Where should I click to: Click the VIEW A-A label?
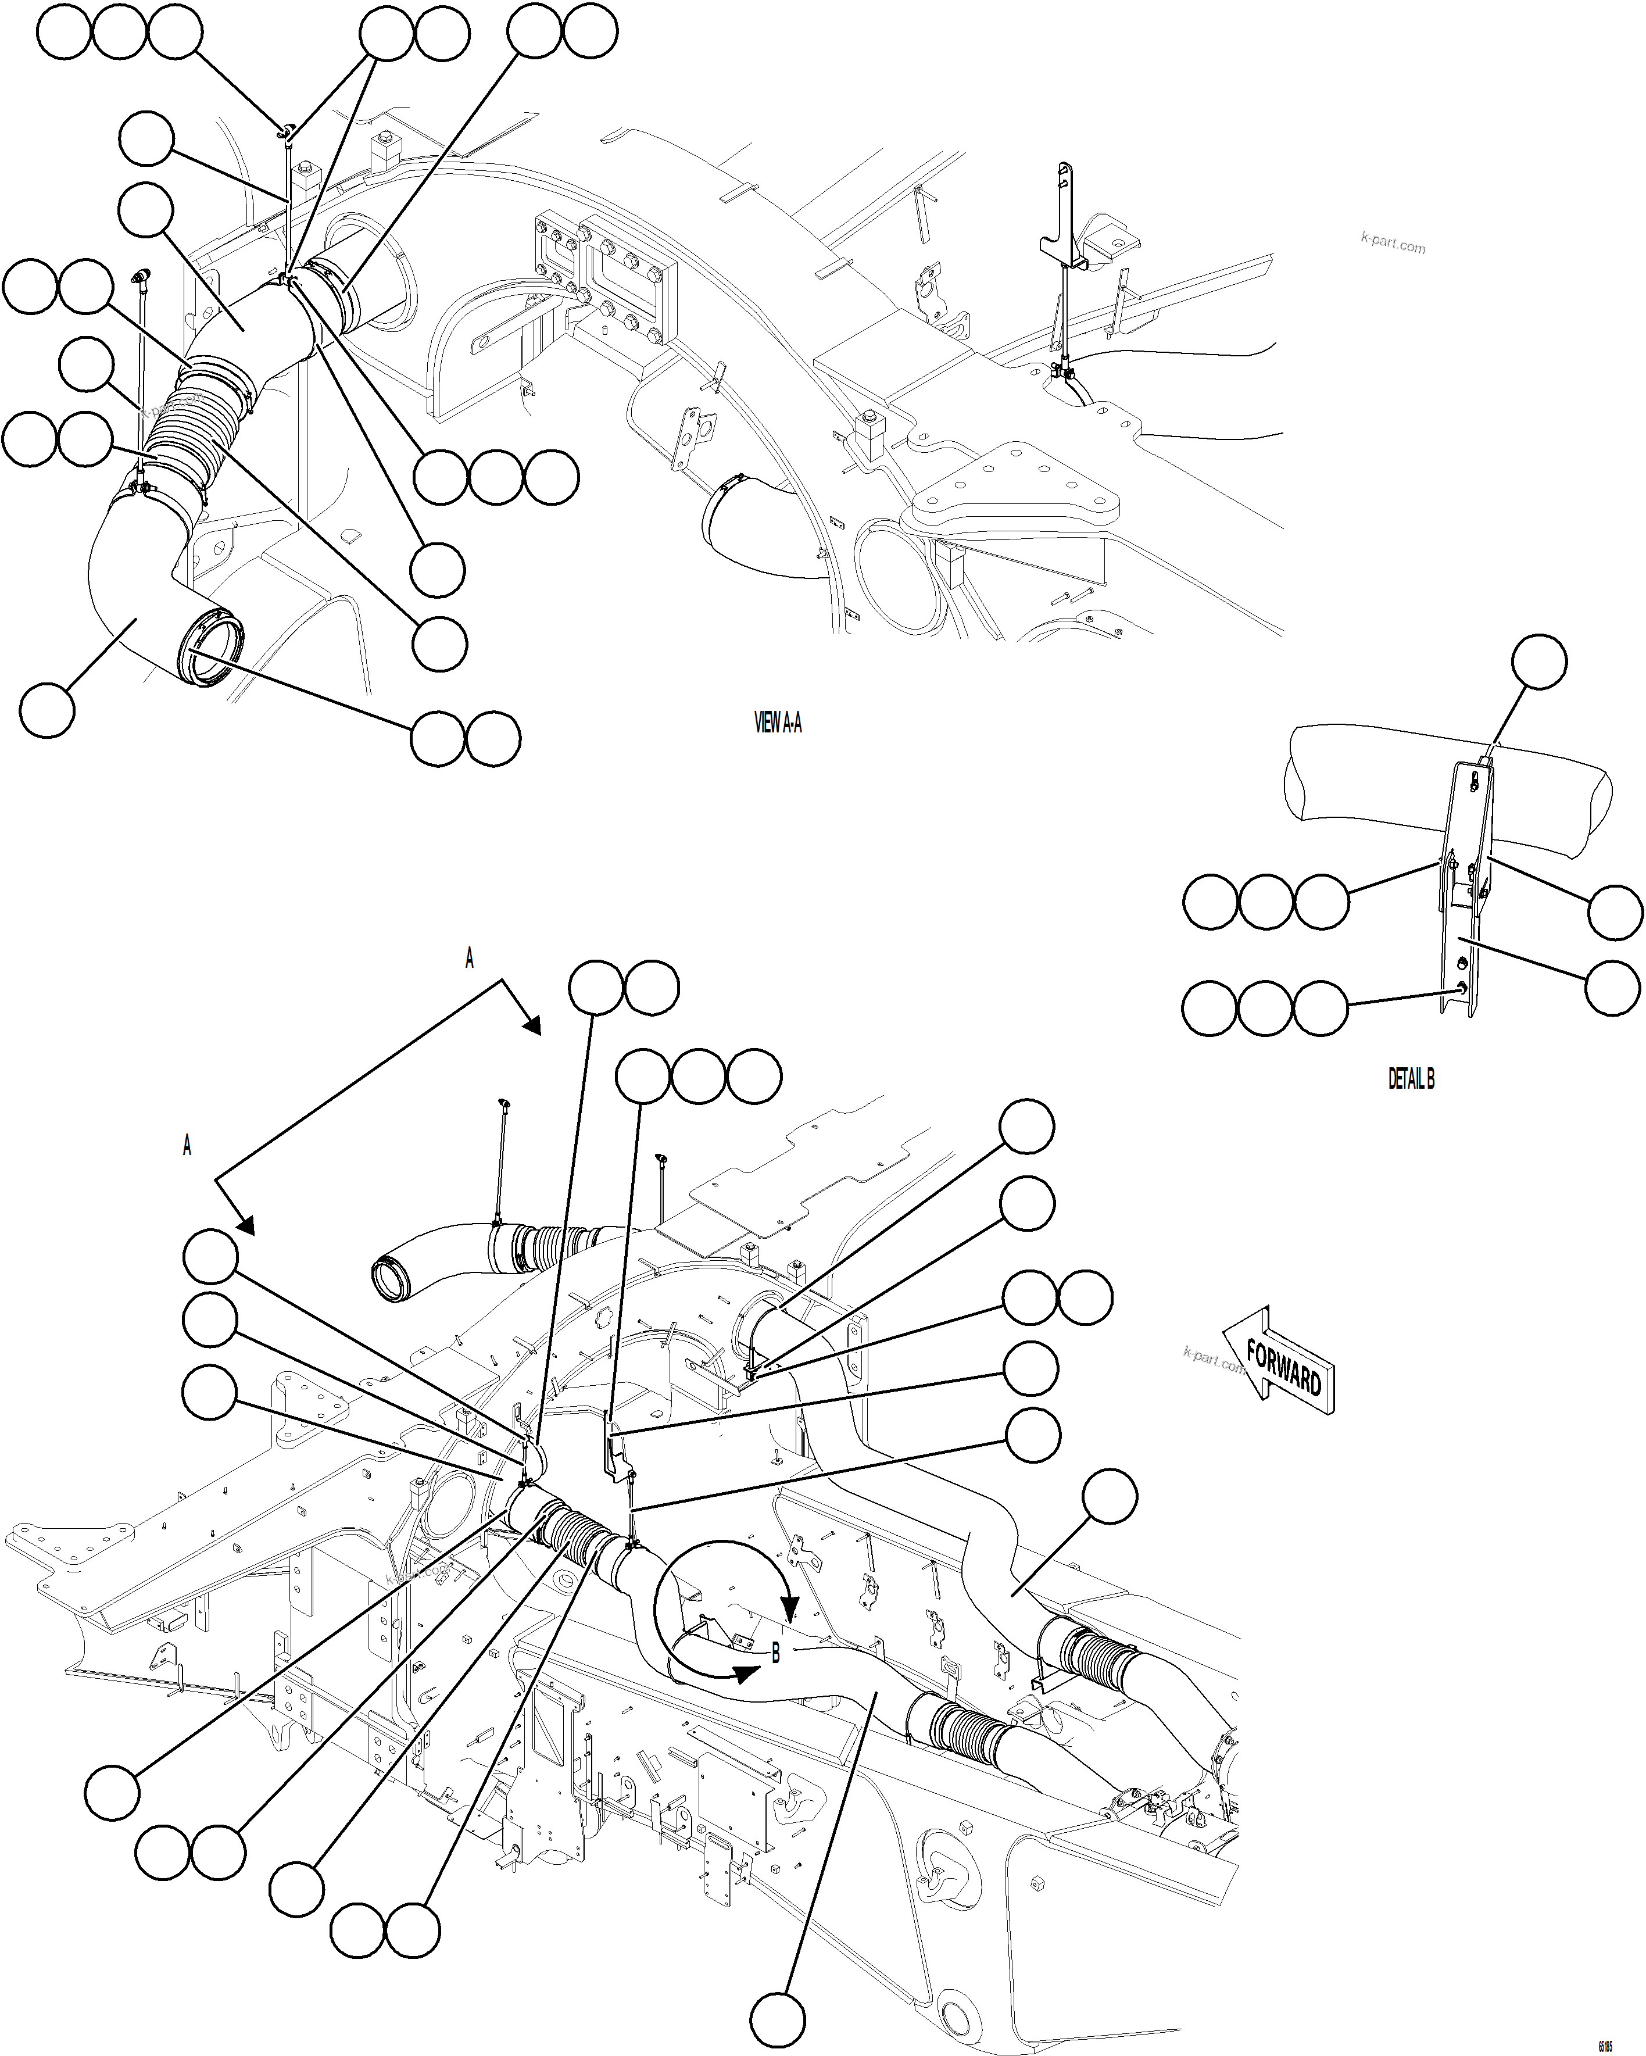tap(777, 723)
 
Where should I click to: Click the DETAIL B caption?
tap(1411, 1078)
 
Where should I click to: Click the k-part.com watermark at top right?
tap(1393, 243)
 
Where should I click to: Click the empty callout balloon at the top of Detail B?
tap(1539, 661)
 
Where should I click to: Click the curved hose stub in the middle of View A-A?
tap(753, 529)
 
